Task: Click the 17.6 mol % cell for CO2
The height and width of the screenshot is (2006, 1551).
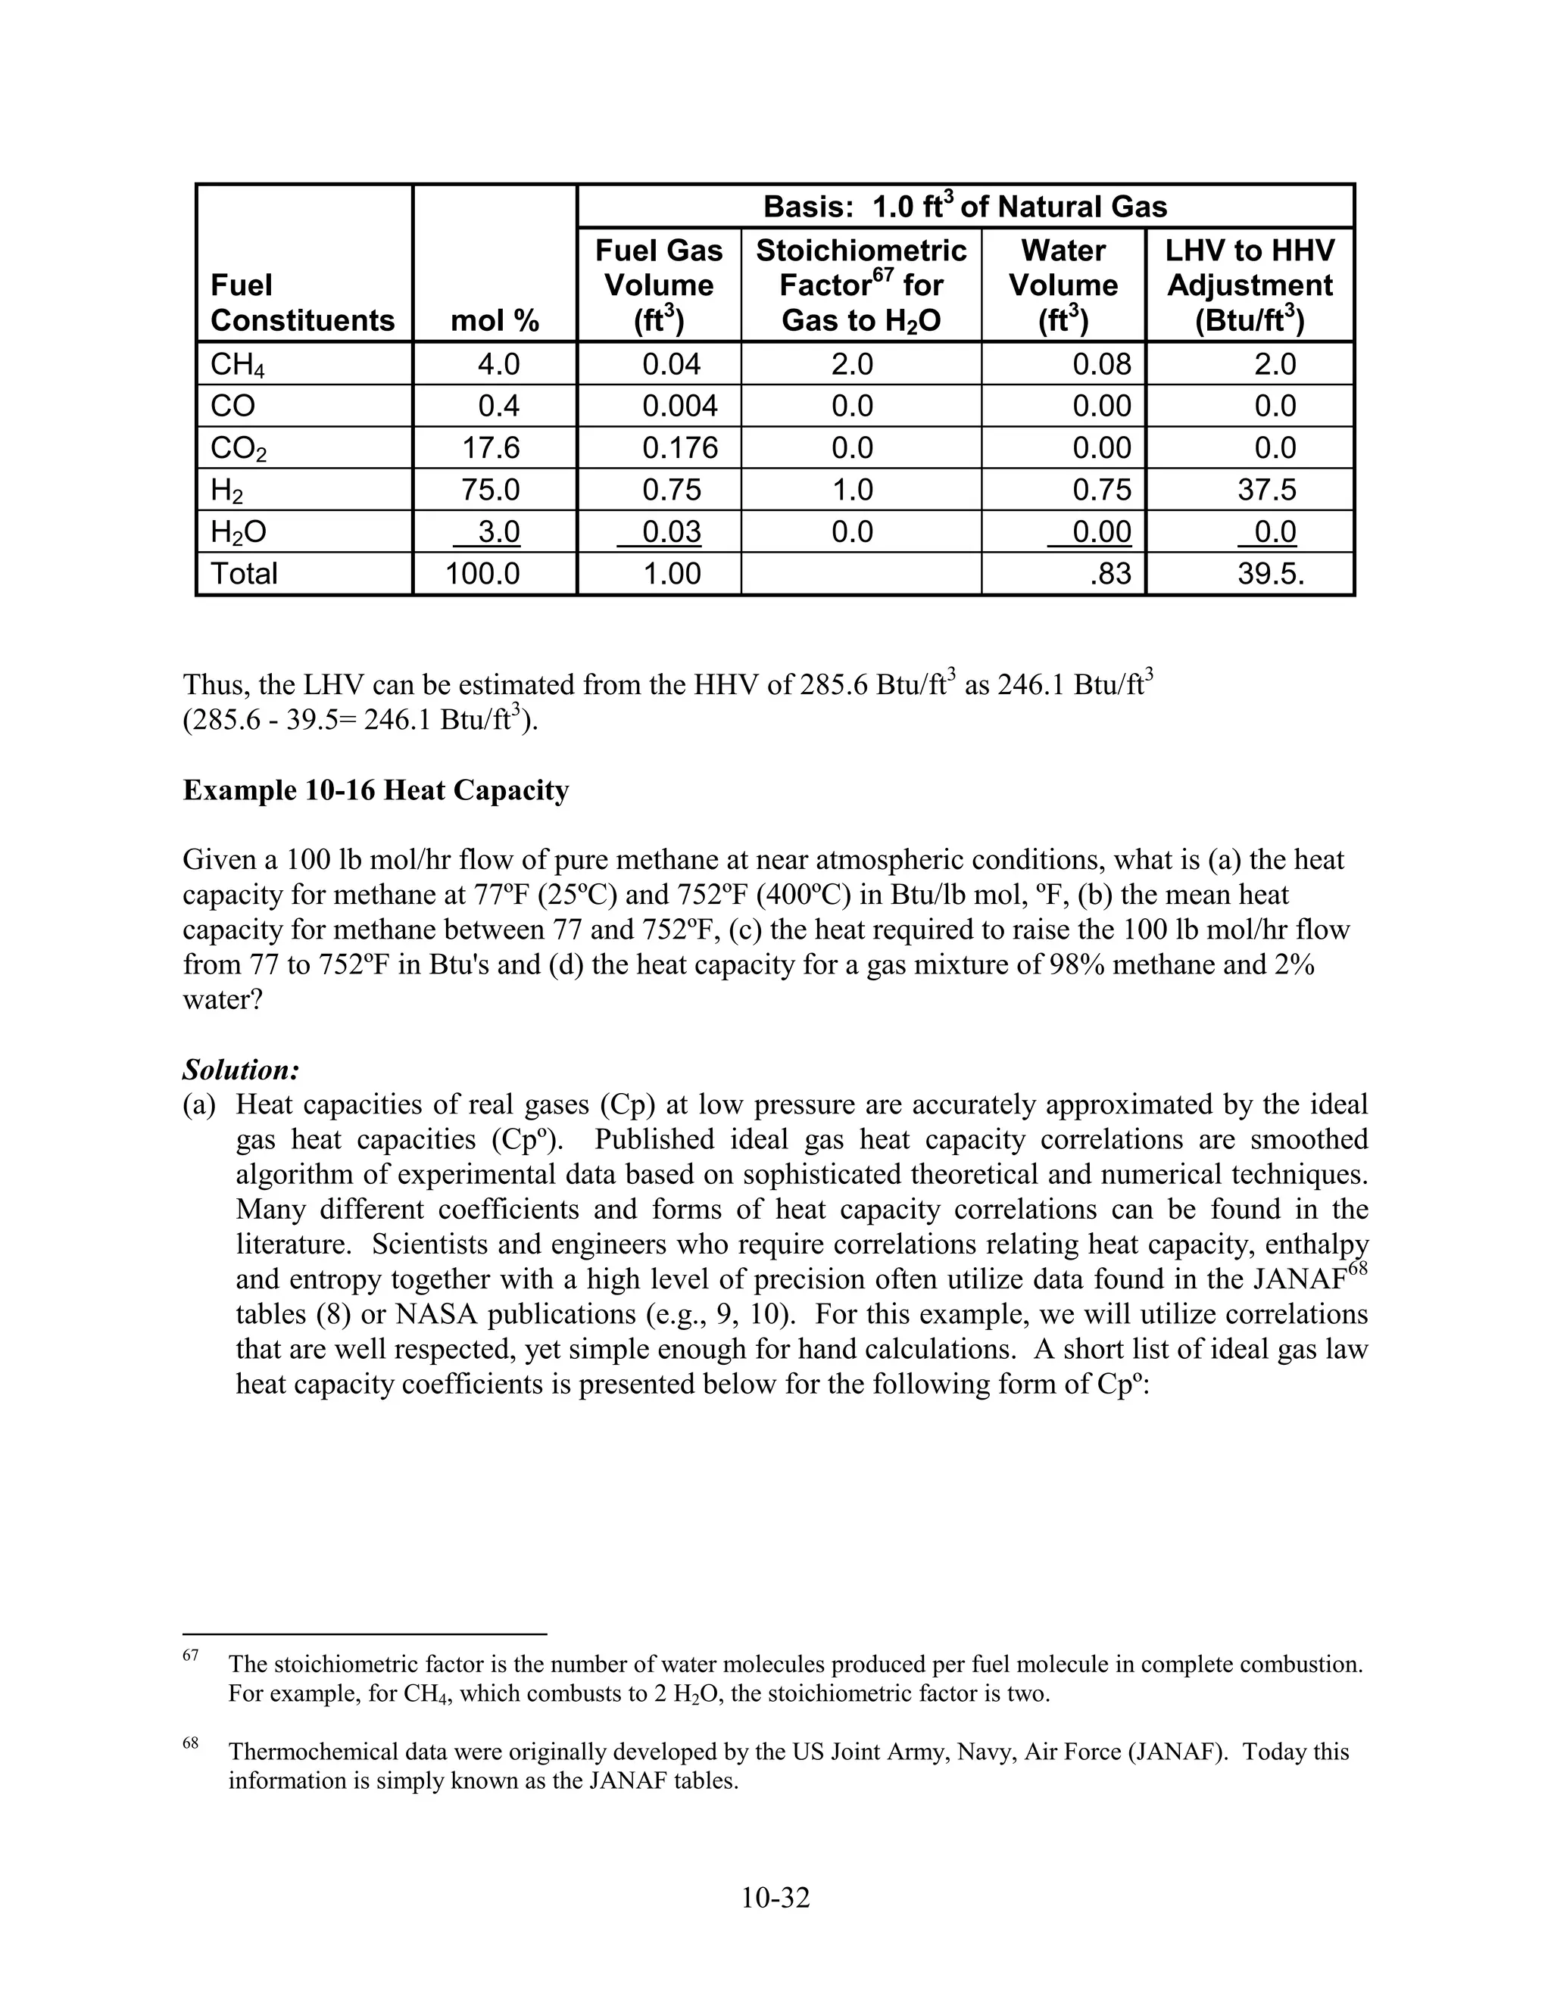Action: coord(491,447)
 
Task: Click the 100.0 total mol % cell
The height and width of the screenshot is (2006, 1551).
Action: coord(482,574)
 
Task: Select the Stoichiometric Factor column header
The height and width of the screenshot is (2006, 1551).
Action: coord(861,285)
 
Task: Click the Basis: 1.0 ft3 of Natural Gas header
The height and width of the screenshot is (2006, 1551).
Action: coord(965,207)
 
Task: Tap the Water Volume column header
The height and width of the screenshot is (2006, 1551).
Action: coord(1063,285)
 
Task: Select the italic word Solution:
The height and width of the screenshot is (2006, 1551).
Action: coord(241,1070)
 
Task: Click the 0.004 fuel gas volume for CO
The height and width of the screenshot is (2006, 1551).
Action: coord(679,406)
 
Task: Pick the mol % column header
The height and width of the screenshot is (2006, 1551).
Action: coord(495,320)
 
